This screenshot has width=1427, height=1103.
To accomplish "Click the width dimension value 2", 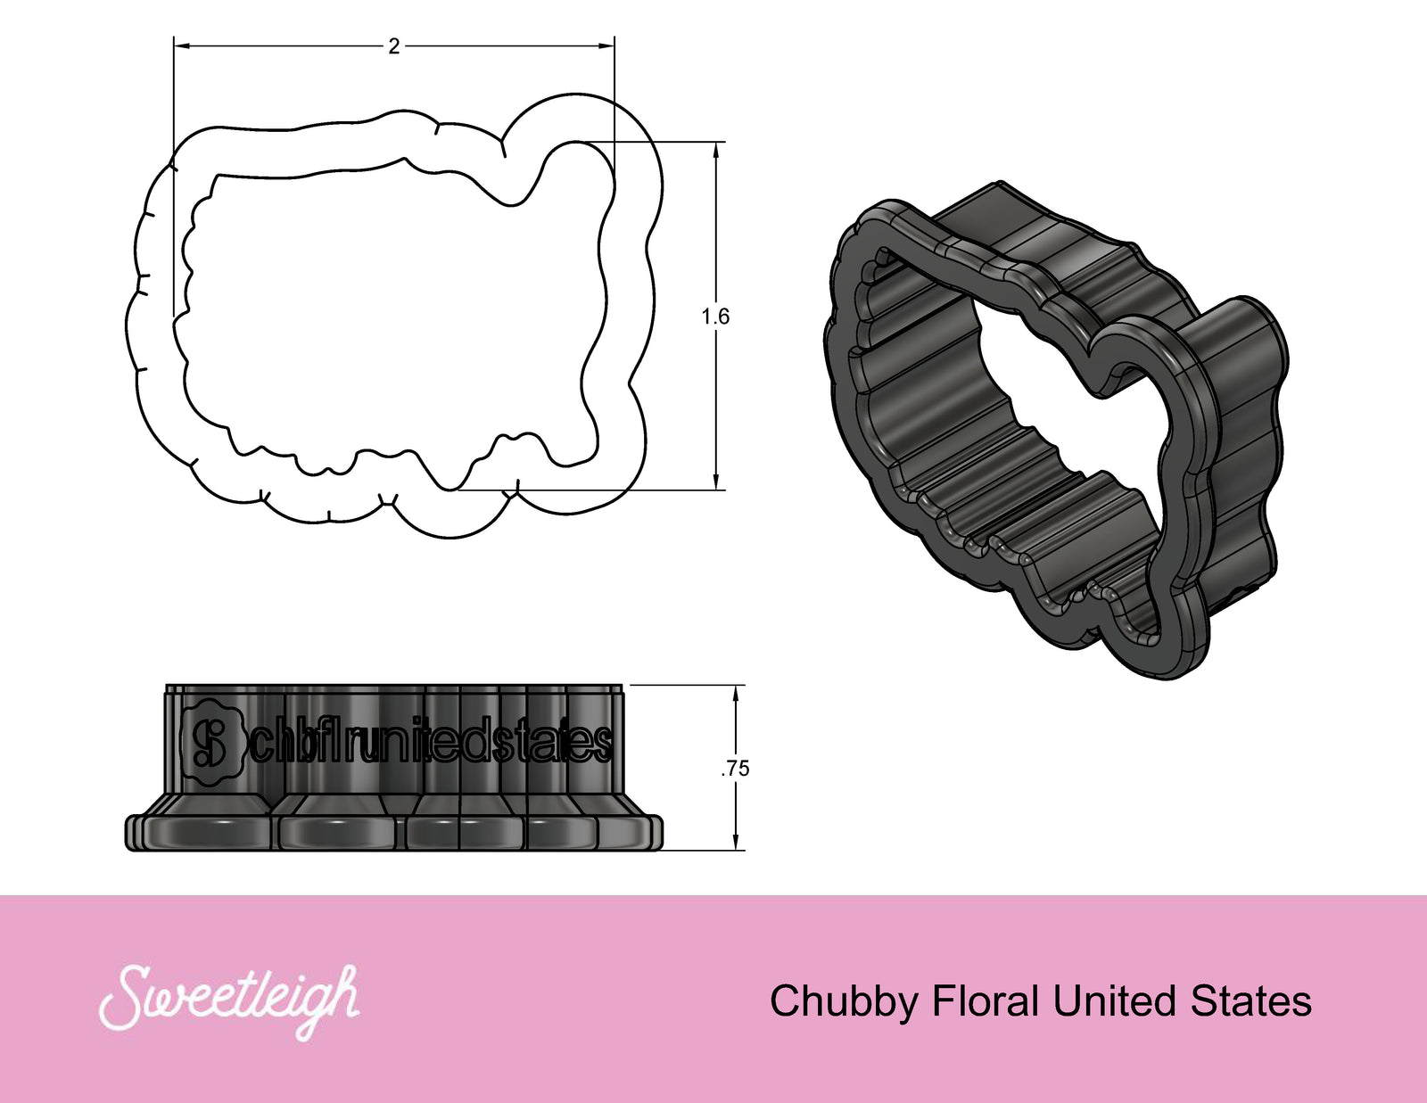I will pyautogui.click(x=394, y=46).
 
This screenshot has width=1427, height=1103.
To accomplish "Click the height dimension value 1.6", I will pyautogui.click(x=715, y=317).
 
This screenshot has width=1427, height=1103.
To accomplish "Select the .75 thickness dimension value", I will pyautogui.click(x=736, y=769).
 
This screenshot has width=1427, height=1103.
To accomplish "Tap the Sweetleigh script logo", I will pyautogui.click(x=230, y=1000).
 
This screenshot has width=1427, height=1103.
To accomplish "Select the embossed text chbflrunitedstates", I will pyautogui.click(x=432, y=743).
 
